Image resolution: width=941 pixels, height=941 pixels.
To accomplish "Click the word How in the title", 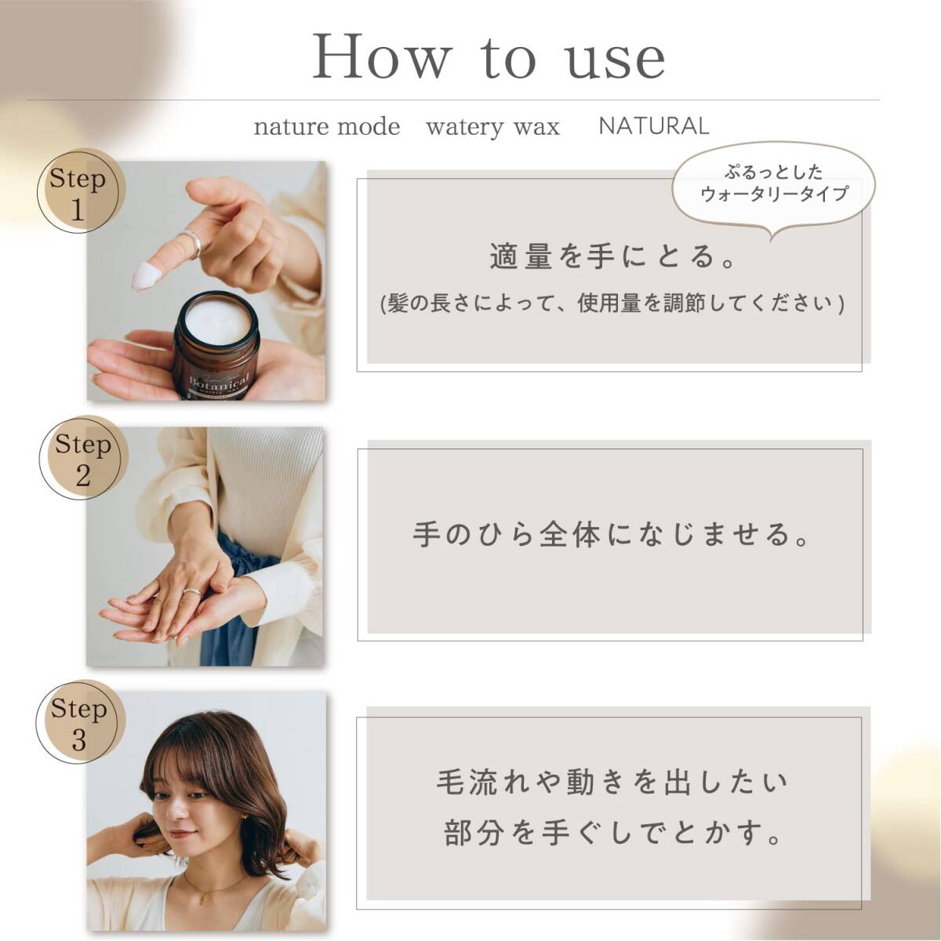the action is pos(380,56).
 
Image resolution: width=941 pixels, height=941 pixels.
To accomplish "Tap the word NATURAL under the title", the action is pos(653,126).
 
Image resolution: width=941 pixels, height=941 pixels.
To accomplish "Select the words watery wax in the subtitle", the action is pos(492,128).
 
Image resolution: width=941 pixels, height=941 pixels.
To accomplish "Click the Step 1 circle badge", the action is pos(82,191).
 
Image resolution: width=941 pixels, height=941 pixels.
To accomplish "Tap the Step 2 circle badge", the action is pos(83,457).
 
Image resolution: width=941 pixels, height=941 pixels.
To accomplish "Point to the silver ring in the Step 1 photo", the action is pos(192,243).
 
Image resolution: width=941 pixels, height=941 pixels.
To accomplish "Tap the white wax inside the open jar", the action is pos(221,322).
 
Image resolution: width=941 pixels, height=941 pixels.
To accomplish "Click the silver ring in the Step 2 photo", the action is pos(192,591).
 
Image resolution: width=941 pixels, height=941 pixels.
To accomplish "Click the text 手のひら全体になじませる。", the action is pos(614,534).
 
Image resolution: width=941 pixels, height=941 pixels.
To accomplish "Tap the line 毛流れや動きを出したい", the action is pos(612,782).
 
